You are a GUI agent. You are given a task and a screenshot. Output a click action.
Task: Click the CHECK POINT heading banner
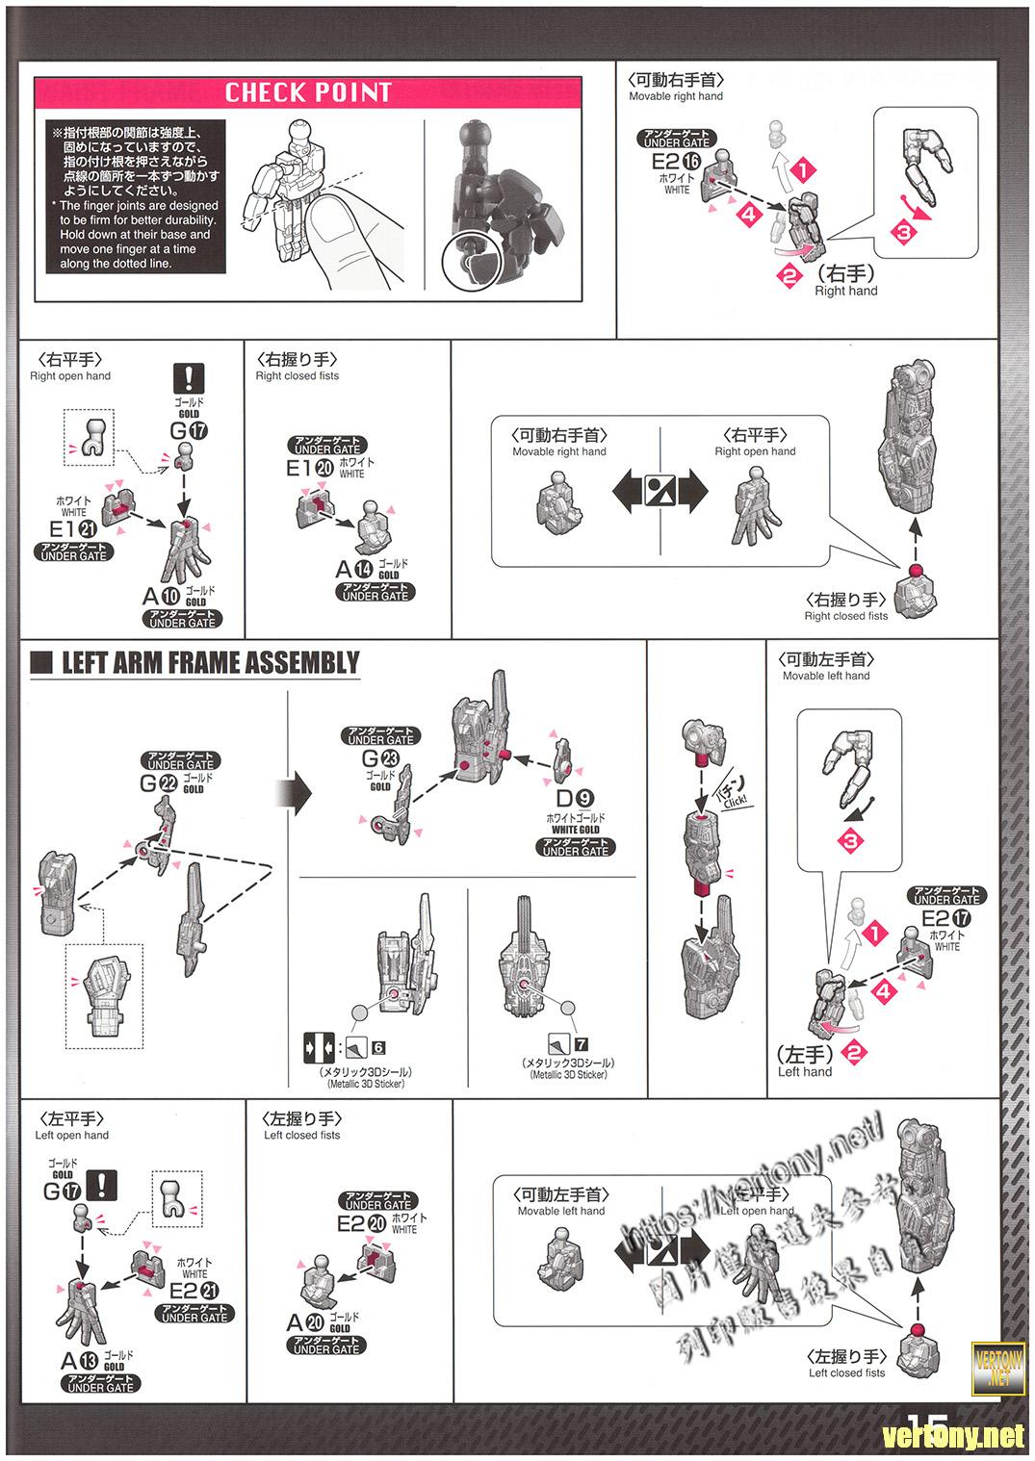pyautogui.click(x=308, y=92)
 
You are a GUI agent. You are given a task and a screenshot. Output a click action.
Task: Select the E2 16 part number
pyautogui.click(x=676, y=163)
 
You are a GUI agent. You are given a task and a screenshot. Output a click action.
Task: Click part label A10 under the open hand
pyautogui.click(x=161, y=598)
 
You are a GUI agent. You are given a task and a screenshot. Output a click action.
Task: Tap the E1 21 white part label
pyautogui.click(x=74, y=530)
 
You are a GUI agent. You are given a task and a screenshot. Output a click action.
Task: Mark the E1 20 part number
pyautogui.click(x=312, y=468)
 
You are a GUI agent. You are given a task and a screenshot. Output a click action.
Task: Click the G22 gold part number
pyautogui.click(x=158, y=782)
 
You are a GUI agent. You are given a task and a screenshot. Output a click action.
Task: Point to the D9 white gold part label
pyautogui.click(x=575, y=797)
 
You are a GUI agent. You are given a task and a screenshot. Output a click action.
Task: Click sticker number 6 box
pyautogui.click(x=378, y=1047)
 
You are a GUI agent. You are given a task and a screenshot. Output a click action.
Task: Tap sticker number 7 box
pyautogui.click(x=581, y=1044)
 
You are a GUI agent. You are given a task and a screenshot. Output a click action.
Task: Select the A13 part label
pyautogui.click(x=80, y=1360)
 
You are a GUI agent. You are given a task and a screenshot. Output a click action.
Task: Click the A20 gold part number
pyautogui.click(x=305, y=1322)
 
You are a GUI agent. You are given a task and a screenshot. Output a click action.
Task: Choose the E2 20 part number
pyautogui.click(x=362, y=1223)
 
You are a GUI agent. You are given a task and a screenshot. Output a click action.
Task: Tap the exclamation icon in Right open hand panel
pyautogui.click(x=189, y=376)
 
